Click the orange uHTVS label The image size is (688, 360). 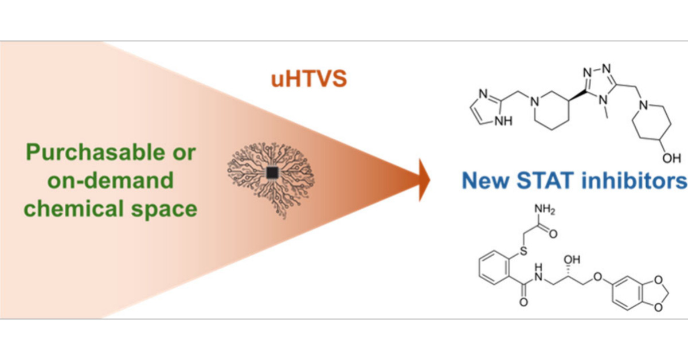314,79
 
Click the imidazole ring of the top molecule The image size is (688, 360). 489,107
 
